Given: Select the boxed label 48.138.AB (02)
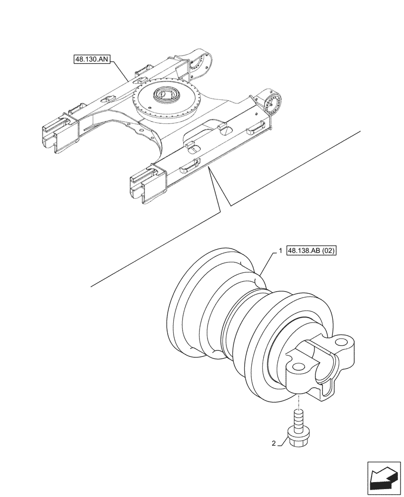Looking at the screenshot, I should (x=312, y=251).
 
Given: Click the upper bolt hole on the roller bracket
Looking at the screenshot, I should (x=343, y=342).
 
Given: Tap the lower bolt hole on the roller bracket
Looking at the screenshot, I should (x=298, y=368).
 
